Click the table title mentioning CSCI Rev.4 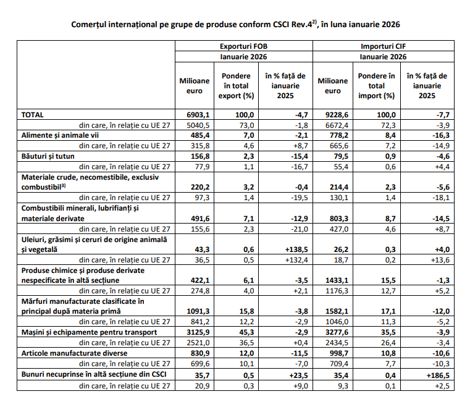[235, 24]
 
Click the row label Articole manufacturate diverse [74, 353]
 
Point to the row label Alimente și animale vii [61, 135]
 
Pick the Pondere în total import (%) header [376, 86]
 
